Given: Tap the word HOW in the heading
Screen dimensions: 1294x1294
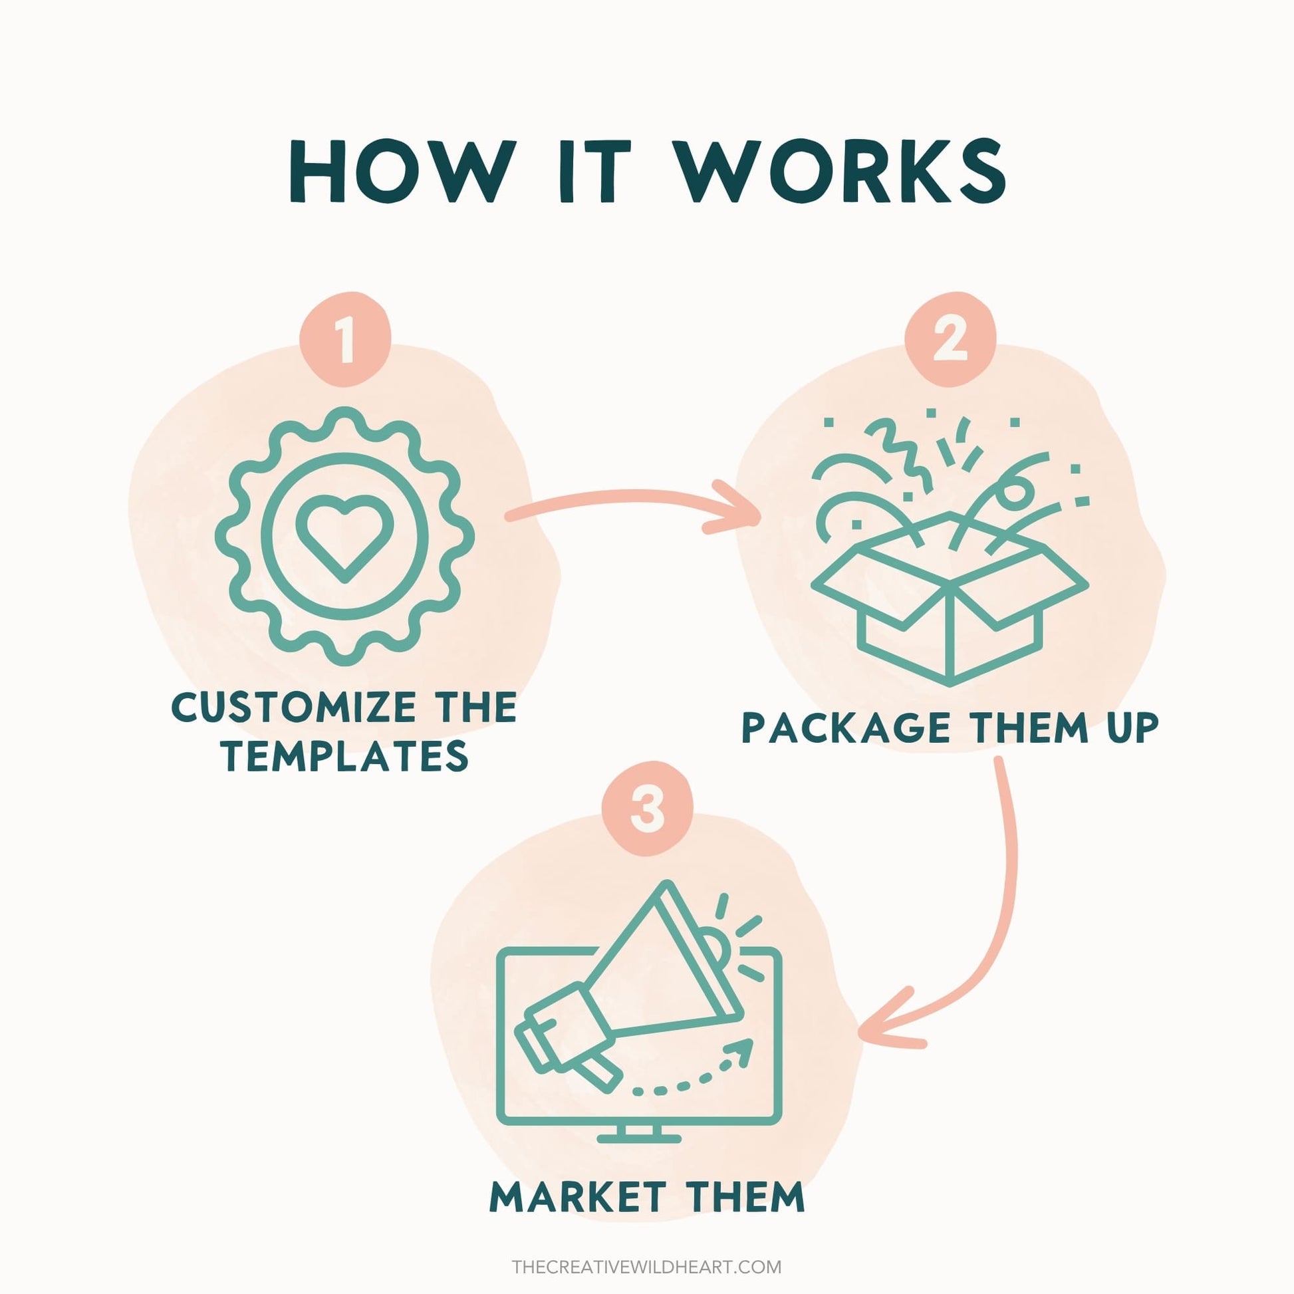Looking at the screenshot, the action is (399, 171).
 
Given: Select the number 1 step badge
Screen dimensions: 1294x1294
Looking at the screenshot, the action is (346, 339).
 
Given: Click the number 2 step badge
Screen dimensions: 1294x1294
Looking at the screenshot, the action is (950, 339).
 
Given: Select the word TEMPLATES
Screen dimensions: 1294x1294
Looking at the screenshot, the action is (346, 756).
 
